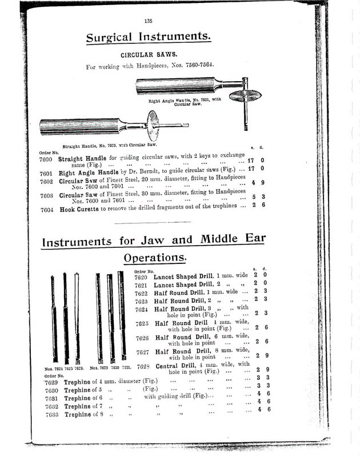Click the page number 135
[x=148, y=21]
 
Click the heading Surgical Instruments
[x=149, y=38]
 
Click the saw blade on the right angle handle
[x=245, y=95]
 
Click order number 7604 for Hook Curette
[x=47, y=211]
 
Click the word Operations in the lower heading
[x=155, y=258]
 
